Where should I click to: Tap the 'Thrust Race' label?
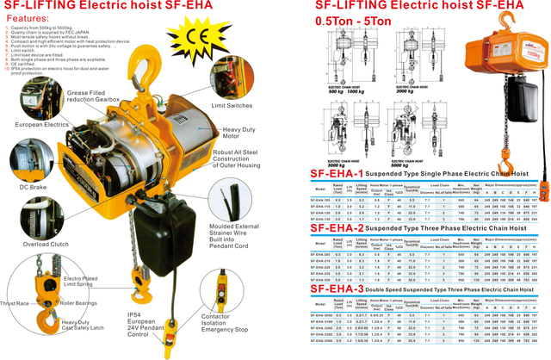tap(18, 303)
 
